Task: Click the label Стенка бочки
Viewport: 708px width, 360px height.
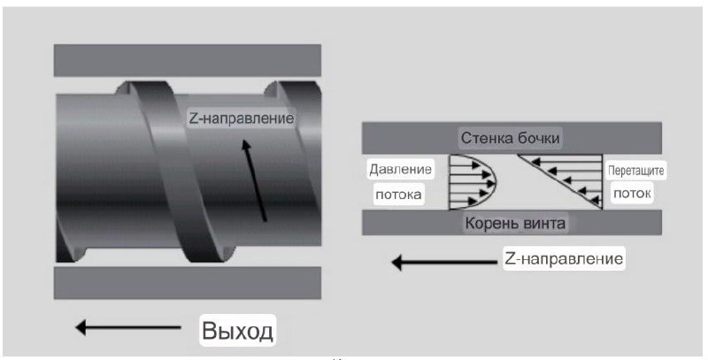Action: (x=511, y=138)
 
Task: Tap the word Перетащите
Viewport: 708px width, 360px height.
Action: (x=633, y=168)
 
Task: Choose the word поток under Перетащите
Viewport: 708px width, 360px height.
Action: (x=630, y=190)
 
